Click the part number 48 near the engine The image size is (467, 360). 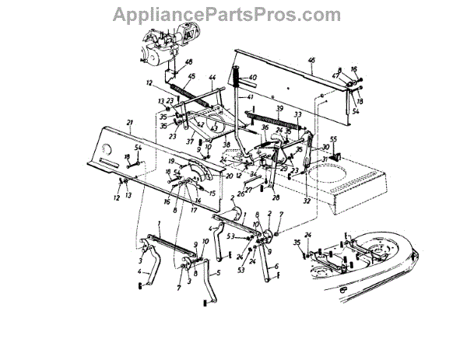[x=188, y=62]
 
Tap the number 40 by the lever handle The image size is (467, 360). [x=254, y=78]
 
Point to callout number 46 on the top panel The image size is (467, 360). [x=311, y=60]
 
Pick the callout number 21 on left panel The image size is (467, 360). [x=130, y=123]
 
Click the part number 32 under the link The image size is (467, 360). [x=307, y=200]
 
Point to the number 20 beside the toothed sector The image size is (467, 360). [x=229, y=176]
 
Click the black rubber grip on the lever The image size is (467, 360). [x=233, y=79]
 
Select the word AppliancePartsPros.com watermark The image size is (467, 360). [x=233, y=14]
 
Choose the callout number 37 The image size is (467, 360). [x=188, y=141]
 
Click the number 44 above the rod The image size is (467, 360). [x=211, y=77]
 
